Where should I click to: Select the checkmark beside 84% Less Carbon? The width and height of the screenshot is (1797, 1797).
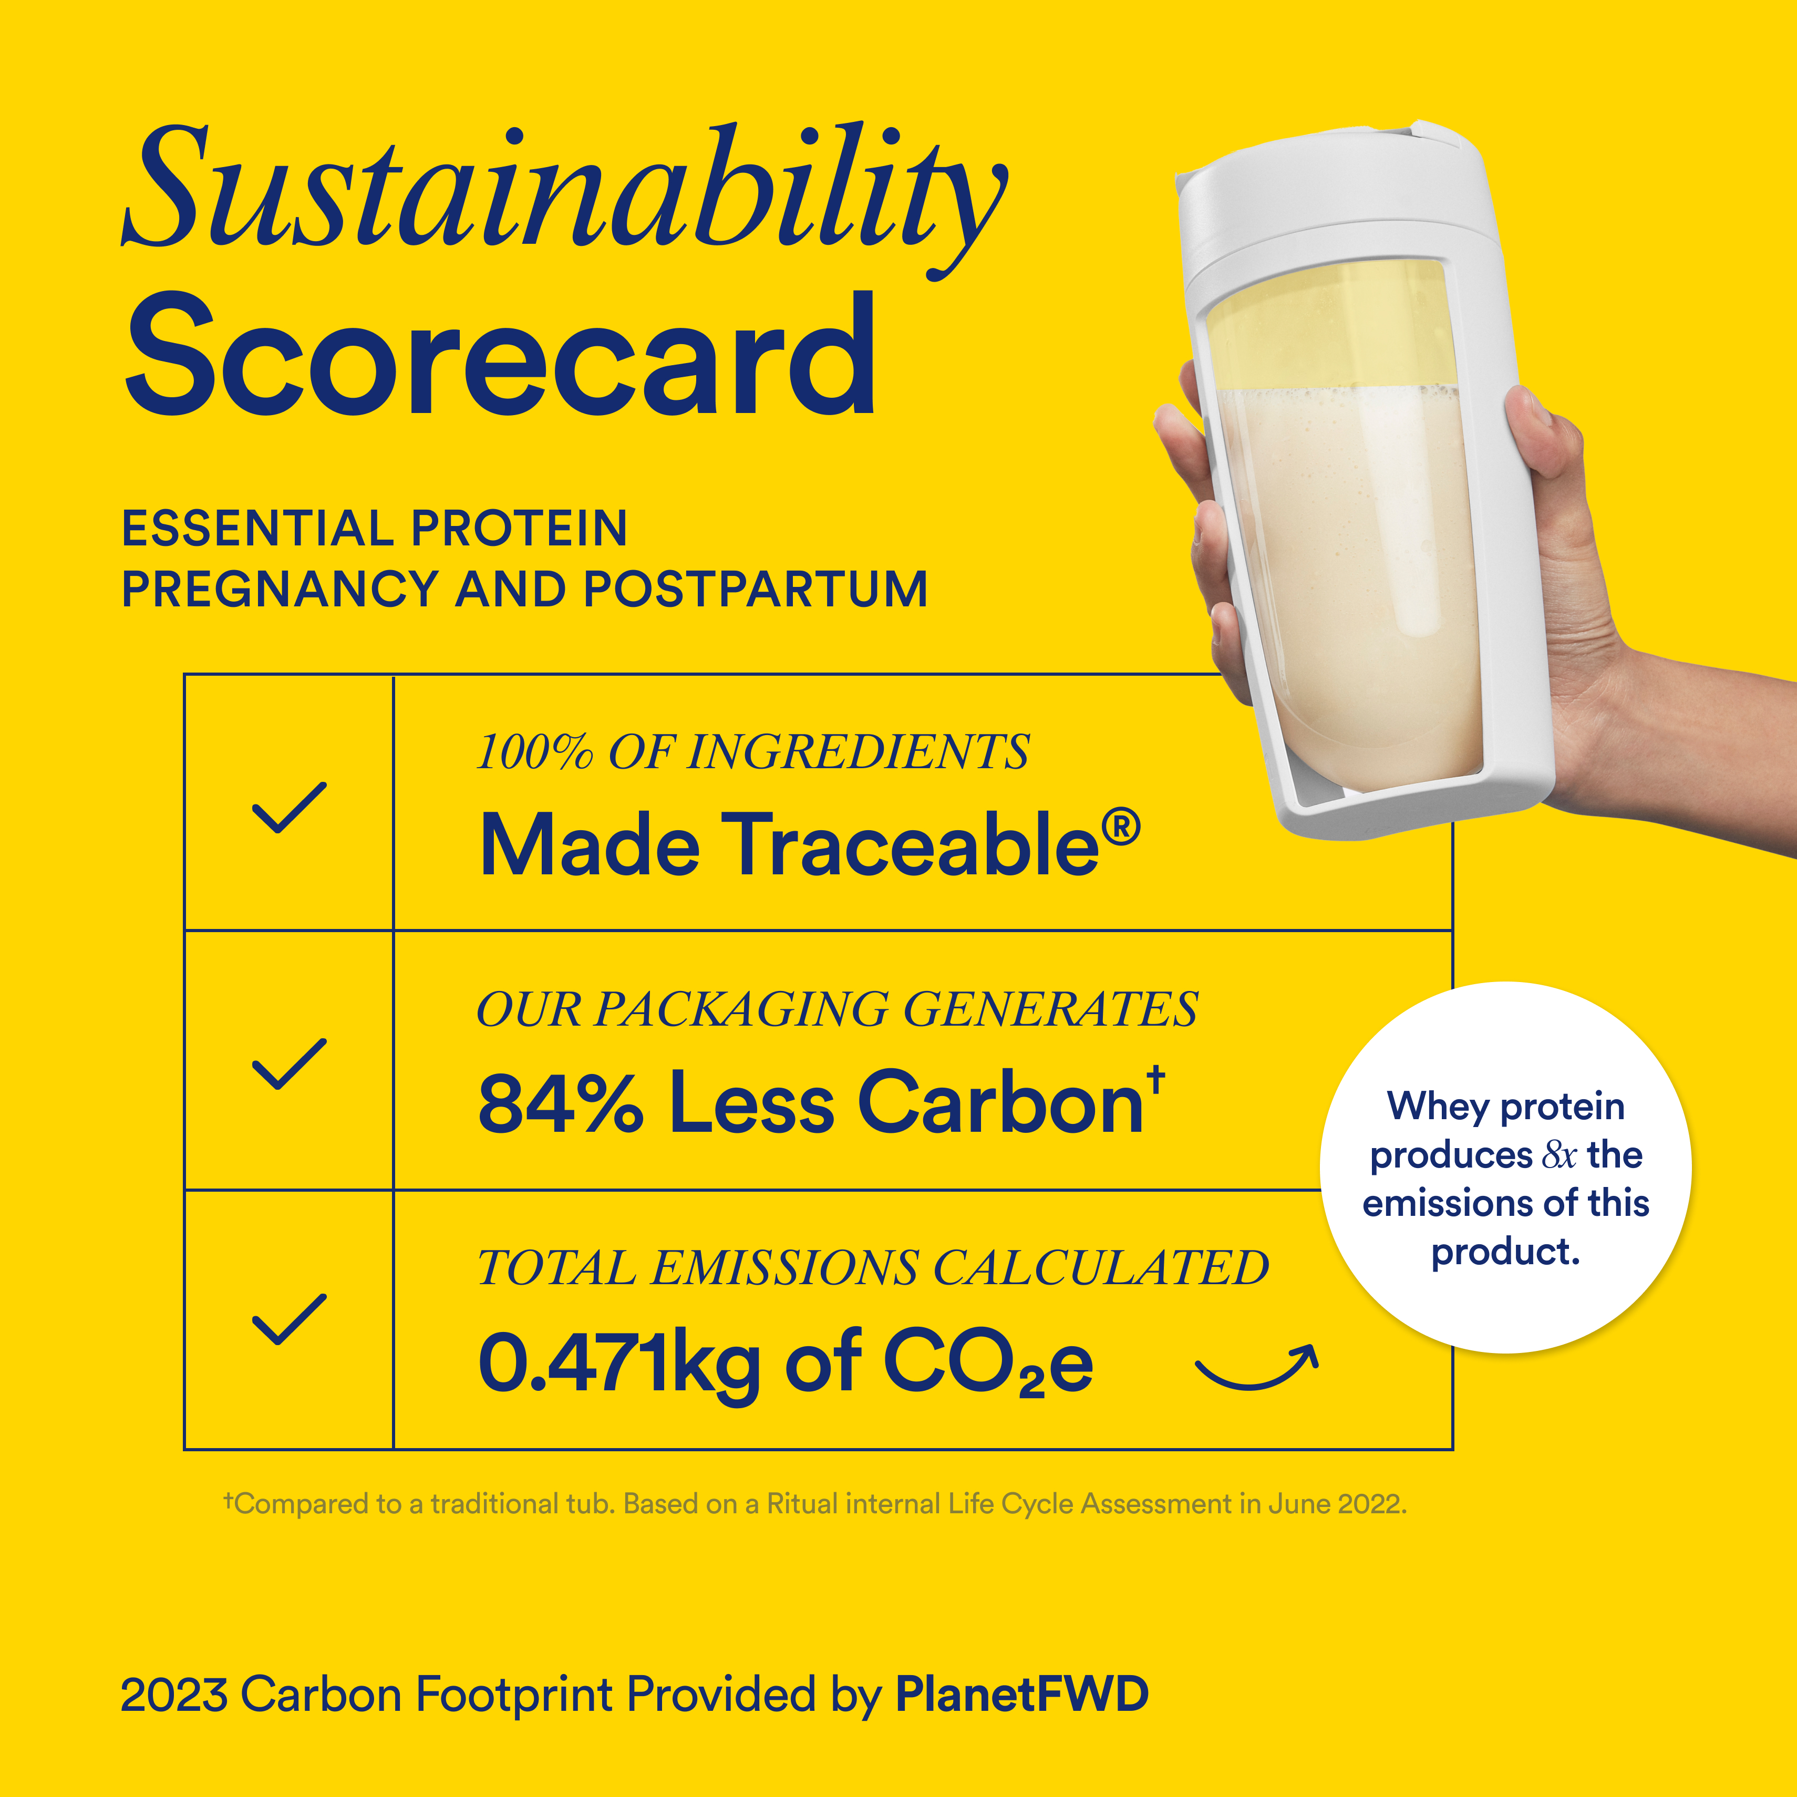tap(290, 1062)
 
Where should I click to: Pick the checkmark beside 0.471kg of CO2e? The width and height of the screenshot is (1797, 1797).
tap(290, 1319)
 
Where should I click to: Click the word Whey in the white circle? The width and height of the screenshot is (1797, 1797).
tap(1439, 1107)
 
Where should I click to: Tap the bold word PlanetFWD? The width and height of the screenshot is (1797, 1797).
tap(1021, 1694)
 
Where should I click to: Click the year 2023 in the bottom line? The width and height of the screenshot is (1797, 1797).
tap(174, 1695)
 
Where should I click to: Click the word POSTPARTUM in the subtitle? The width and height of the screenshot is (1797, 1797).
tap(755, 589)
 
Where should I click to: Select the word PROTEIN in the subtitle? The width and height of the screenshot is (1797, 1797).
tap(519, 528)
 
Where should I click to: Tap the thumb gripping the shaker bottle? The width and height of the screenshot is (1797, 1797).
tap(1544, 437)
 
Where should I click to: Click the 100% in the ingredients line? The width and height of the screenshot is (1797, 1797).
tap(533, 751)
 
